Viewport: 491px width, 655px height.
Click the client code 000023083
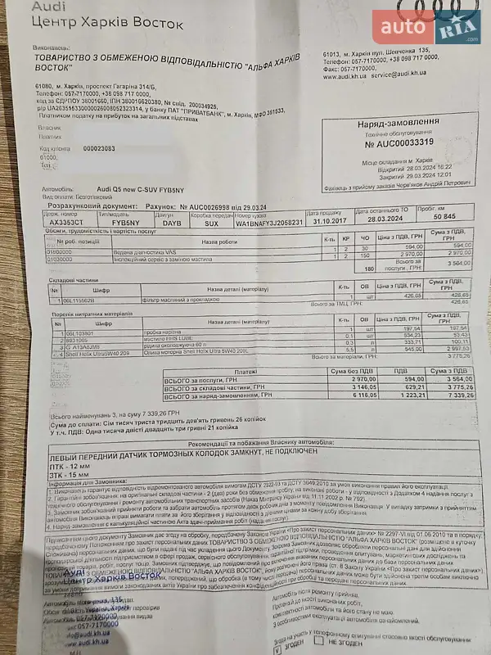(x=100, y=148)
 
